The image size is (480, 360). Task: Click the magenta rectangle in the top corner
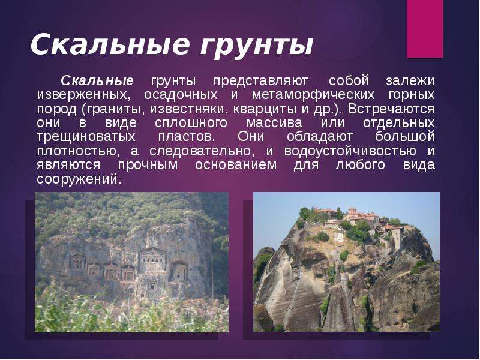click(425, 29)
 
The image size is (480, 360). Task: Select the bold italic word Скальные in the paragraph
click(97, 81)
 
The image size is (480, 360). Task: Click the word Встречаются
click(391, 109)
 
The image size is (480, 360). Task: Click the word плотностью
click(76, 151)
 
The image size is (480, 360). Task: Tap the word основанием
click(236, 165)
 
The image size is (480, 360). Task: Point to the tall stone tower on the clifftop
click(397, 238)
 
